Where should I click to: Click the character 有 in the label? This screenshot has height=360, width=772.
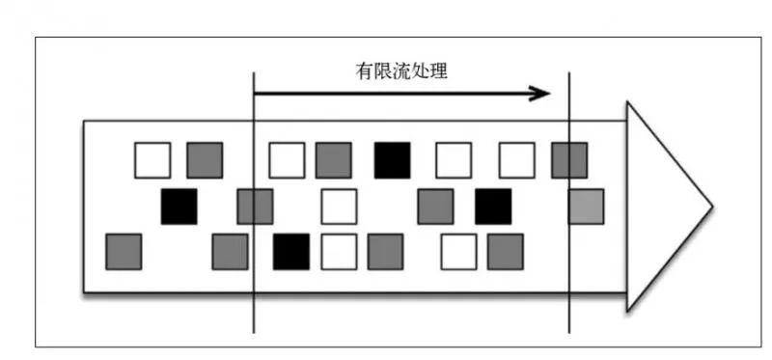[x=363, y=71]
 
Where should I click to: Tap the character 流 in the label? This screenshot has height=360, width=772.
[x=405, y=71]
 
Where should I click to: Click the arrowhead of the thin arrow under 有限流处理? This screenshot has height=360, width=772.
[x=542, y=94]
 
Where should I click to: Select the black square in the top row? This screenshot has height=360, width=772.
[x=392, y=160]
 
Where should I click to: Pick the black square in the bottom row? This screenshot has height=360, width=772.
[x=291, y=251]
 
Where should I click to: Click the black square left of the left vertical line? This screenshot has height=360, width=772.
[x=179, y=207]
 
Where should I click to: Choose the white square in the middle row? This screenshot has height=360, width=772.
[x=339, y=207]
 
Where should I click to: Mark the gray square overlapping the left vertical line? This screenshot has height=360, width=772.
[x=255, y=207]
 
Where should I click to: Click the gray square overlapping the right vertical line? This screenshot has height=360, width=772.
[x=569, y=160]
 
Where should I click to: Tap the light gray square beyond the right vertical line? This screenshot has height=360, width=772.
[x=586, y=207]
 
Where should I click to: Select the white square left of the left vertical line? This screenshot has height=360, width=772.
[x=152, y=160]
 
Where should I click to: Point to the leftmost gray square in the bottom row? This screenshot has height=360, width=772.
[x=124, y=251]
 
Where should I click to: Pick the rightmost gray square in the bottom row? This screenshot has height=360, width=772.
[x=505, y=251]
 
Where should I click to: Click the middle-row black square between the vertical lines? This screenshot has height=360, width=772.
[x=493, y=207]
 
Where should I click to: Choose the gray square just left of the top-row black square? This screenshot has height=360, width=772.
[x=333, y=160]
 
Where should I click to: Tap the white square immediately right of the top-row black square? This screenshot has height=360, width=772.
[x=454, y=160]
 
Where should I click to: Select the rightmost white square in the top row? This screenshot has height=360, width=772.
[x=516, y=160]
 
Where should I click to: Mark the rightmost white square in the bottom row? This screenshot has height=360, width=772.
[x=458, y=251]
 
